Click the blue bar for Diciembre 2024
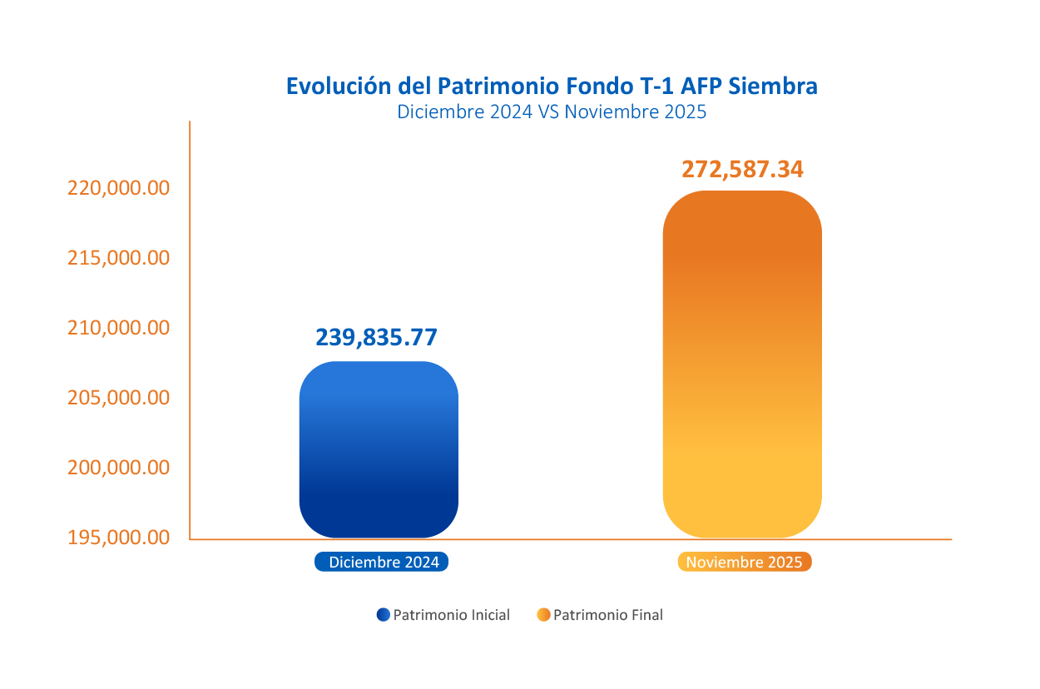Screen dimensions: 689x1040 [379, 449]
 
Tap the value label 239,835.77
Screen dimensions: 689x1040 [376, 337]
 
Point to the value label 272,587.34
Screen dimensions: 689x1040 [742, 169]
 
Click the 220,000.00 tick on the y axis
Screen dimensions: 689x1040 [118, 188]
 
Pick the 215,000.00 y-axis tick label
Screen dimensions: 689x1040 [118, 258]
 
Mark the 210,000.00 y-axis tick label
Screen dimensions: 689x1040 [118, 328]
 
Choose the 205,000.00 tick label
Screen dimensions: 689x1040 [118, 398]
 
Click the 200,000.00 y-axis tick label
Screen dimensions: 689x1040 [118, 468]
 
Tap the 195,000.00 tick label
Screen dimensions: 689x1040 [118, 538]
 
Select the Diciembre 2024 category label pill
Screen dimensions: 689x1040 [382, 563]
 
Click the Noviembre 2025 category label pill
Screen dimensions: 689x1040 [745, 563]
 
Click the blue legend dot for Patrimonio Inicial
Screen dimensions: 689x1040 [383, 615]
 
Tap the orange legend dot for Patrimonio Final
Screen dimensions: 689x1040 [543, 615]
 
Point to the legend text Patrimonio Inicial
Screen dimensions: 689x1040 [451, 616]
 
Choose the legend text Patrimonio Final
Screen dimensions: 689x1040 [608, 616]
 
